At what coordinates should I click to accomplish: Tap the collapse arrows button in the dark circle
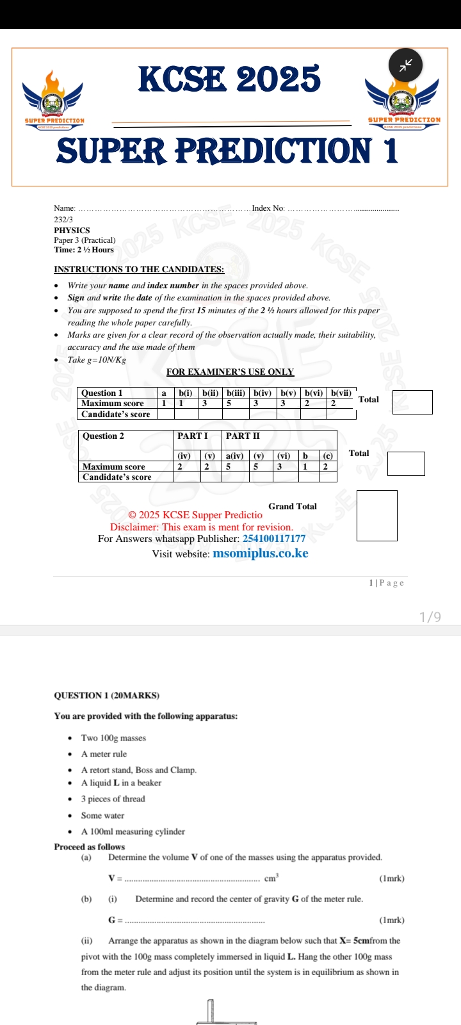click(406, 64)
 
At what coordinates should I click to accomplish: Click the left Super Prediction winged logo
click(54, 100)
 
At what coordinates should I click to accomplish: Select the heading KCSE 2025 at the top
click(229, 79)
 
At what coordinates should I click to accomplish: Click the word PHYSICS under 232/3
click(72, 231)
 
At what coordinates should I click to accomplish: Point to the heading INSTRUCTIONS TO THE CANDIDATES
click(139, 270)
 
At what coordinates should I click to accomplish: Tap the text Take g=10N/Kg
click(97, 360)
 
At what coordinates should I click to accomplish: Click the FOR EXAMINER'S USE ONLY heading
click(230, 372)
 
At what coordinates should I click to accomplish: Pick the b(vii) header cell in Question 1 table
click(341, 393)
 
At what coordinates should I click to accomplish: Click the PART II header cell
click(243, 436)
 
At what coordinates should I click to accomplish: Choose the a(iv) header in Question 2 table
click(234, 456)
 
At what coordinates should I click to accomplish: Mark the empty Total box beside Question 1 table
click(412, 402)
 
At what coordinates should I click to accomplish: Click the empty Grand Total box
click(377, 516)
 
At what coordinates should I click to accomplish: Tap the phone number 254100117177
click(274, 539)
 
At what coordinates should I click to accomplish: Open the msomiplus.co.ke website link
click(260, 553)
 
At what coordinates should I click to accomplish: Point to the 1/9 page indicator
click(430, 617)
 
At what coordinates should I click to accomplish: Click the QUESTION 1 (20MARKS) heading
click(107, 696)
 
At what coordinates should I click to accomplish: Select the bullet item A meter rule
click(104, 755)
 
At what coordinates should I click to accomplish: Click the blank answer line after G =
click(194, 921)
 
